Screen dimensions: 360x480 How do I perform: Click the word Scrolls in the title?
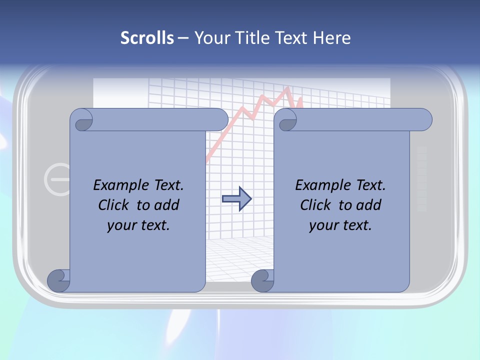click(147, 38)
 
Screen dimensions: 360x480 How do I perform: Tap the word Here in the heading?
click(332, 38)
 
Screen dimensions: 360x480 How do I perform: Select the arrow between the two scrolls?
click(236, 198)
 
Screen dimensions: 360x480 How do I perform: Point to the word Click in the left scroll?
click(114, 205)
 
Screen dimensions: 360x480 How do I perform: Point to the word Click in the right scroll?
click(316, 205)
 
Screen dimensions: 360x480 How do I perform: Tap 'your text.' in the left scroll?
click(138, 225)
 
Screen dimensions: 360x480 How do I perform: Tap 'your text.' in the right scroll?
click(340, 225)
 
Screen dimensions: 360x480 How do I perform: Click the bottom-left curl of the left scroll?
click(58, 280)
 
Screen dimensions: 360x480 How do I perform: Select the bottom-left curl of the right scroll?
click(262, 280)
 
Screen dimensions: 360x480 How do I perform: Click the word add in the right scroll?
click(367, 205)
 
